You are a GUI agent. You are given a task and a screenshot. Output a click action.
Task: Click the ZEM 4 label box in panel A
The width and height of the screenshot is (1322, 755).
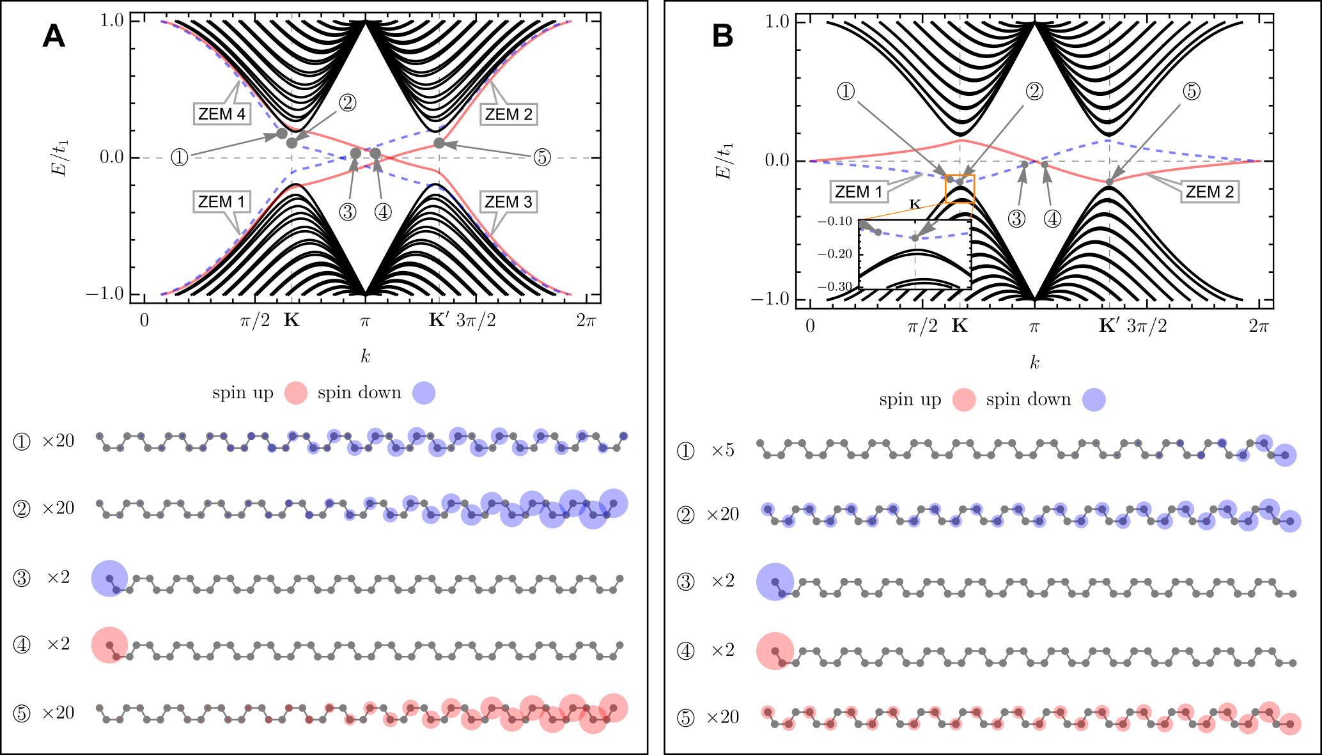[221, 114]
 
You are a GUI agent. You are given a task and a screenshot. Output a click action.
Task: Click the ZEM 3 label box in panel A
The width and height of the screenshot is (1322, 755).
[508, 202]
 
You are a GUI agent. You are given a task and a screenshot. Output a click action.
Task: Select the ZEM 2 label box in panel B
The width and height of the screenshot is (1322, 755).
[1209, 192]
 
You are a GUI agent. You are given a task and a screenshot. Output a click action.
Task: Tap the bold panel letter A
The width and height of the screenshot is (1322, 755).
[54, 36]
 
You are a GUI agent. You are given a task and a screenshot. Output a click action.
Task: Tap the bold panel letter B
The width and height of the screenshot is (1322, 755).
[722, 36]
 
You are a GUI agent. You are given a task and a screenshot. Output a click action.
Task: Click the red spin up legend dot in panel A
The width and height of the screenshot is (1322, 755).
[295, 393]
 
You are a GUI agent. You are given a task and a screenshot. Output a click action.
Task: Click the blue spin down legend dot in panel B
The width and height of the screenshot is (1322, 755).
[1094, 400]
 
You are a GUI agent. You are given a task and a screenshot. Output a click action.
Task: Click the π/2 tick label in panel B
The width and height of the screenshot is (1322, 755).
[922, 327]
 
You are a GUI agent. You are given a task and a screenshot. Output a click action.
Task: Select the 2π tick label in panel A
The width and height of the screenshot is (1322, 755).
[586, 320]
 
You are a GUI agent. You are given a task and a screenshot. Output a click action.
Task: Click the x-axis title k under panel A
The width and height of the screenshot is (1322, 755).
[365, 357]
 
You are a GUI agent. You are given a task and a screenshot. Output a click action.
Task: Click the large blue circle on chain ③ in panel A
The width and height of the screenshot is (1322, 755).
[109, 578]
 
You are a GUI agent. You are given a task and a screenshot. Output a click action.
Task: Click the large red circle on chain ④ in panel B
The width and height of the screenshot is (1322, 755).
[775, 651]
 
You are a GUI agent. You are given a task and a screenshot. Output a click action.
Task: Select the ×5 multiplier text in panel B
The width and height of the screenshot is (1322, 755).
[723, 451]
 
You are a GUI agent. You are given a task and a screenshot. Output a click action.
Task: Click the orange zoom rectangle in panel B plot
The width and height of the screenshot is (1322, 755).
[960, 189]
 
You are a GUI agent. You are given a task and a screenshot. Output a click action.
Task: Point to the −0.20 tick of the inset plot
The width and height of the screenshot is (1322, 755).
[835, 254]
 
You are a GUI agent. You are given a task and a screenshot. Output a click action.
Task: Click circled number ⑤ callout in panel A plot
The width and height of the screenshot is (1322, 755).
[542, 157]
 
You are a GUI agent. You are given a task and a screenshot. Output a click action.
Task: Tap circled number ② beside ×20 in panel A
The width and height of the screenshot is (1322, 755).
[22, 509]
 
